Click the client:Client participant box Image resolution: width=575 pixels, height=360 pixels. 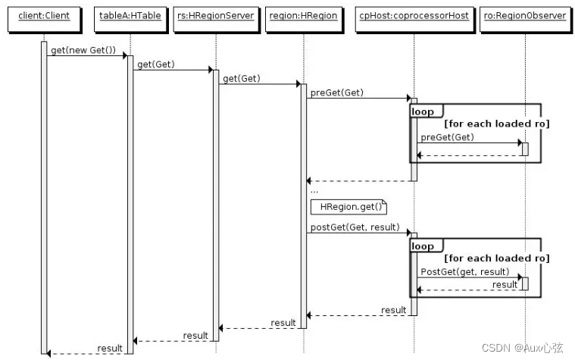[43, 16]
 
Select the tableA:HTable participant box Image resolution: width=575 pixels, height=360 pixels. [130, 16]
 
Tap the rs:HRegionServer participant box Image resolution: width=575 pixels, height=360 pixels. [215, 16]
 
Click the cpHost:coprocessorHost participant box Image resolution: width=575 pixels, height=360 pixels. [414, 16]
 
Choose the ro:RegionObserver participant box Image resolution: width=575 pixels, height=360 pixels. [524, 16]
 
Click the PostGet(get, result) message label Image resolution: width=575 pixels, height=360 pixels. [464, 271]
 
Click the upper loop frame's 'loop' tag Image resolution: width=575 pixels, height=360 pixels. [423, 111]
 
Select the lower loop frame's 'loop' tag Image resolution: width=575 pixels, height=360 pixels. [423, 246]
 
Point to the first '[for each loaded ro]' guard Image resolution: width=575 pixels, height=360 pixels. [496, 124]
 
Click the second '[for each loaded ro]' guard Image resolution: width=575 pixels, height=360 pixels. [496, 258]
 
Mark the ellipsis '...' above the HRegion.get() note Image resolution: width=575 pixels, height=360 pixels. [314, 191]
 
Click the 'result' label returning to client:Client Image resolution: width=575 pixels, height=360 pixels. [109, 348]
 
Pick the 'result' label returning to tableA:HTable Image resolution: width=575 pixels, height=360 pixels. [195, 335]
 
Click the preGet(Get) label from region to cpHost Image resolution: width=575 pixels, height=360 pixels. [336, 92]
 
